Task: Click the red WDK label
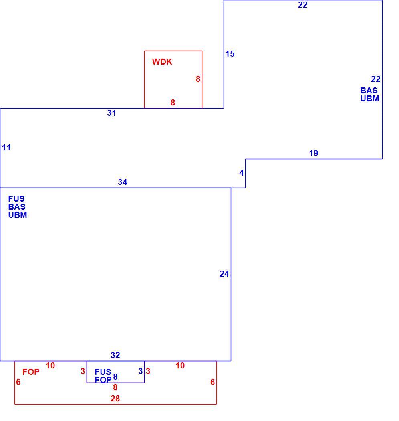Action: (162, 62)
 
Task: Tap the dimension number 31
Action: (111, 113)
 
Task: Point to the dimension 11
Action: (6, 148)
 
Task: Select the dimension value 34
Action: (122, 182)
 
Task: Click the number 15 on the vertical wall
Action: (230, 54)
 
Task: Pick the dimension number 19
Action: (313, 153)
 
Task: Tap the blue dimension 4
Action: (242, 173)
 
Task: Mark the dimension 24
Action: (224, 273)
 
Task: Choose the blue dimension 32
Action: (115, 355)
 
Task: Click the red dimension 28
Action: (115, 399)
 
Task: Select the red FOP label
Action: (31, 372)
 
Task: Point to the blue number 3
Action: (140, 371)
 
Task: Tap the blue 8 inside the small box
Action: (115, 377)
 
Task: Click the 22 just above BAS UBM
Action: (376, 79)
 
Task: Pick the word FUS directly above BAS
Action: (16, 199)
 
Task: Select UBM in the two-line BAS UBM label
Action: (369, 99)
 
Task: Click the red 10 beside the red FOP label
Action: (50, 365)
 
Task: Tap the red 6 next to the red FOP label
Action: (18, 382)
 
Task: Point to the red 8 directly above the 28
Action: (115, 387)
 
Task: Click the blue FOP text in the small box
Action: (103, 380)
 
